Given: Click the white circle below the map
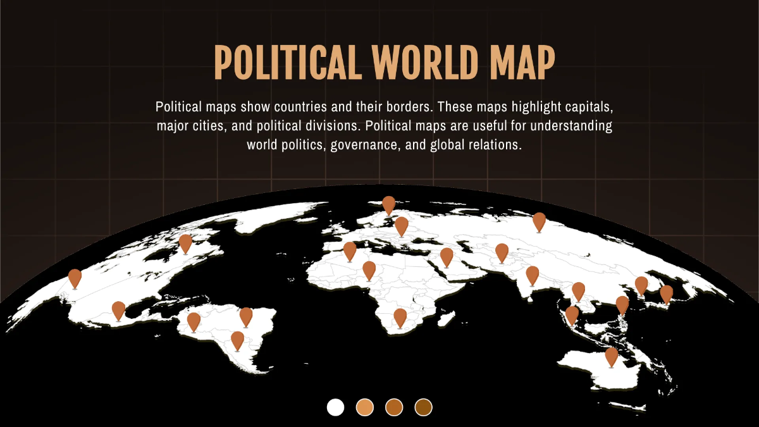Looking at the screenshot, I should tap(335, 407).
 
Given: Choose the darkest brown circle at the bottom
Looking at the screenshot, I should tap(423, 407).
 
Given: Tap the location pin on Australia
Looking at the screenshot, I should tap(611, 357).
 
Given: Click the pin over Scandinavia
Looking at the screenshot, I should tap(388, 205).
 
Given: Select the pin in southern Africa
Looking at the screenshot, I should tap(400, 318).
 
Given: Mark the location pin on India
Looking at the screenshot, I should tap(532, 275).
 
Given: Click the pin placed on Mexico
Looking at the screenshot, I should tap(118, 311).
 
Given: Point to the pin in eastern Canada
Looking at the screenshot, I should tap(185, 244).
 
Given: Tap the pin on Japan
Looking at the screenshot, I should tap(666, 294).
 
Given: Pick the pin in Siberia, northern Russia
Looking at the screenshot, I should tap(539, 222).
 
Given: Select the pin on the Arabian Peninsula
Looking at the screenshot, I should tap(447, 257).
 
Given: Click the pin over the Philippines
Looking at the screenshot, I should tap(622, 305).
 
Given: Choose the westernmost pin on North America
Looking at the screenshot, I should tap(75, 278).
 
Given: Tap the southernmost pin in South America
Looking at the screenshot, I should tap(237, 340).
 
